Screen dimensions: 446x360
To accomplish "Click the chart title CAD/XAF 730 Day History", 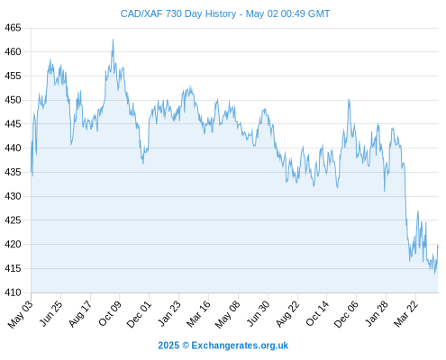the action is click(178, 13).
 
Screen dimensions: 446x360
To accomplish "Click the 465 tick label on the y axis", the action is click(13, 28).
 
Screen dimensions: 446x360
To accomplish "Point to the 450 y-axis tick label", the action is click(13, 100).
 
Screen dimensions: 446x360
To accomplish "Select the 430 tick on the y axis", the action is click(13, 196).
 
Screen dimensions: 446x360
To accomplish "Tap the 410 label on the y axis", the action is click(13, 292).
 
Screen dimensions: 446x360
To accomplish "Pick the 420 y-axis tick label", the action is click(13, 245).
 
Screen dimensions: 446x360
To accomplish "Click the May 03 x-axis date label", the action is click(21, 314).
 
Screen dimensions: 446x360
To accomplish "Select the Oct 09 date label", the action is click(110, 313).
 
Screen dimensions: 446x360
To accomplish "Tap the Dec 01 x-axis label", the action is click(139, 314).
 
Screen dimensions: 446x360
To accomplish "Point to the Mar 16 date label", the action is click(198, 313).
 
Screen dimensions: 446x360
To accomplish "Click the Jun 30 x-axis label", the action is click(258, 313).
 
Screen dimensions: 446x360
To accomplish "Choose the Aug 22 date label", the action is click(287, 313).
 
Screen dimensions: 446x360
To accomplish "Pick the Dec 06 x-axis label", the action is click(346, 314).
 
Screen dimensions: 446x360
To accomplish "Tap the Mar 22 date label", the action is click(405, 313).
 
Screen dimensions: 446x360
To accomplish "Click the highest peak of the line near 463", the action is click(113, 40).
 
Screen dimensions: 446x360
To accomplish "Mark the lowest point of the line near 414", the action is click(434, 273).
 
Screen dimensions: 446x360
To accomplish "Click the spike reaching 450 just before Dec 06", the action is click(349, 100).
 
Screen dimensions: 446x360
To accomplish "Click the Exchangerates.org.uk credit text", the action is click(240, 346).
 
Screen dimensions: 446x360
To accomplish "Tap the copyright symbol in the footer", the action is click(186, 346).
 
